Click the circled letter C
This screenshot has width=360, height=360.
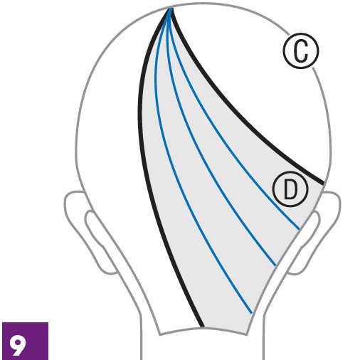click(301, 51)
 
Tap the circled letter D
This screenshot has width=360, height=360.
click(290, 189)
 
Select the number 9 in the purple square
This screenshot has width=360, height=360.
click(18, 346)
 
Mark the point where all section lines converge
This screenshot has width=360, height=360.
click(171, 9)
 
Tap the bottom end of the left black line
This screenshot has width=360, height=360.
click(202, 327)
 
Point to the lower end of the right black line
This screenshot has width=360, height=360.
click(324, 184)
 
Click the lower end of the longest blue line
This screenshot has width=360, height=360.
click(252, 313)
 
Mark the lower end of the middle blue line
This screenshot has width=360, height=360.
click(275, 265)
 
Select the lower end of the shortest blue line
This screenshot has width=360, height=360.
click(300, 229)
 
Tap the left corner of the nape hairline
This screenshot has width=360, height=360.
click(159, 334)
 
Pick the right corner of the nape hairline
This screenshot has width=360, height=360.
click(247, 334)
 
